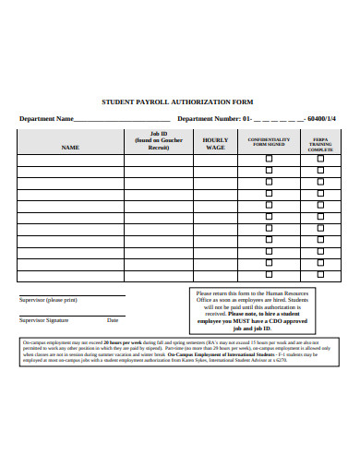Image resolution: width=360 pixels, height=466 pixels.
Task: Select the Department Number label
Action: pos(209,118)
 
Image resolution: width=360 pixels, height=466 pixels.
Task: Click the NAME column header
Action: pos(70,147)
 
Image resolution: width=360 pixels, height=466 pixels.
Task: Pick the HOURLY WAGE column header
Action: pos(215,143)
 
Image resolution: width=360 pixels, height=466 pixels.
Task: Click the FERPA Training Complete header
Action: pos(320,143)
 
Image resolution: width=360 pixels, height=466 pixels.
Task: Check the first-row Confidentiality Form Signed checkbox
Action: pos(269,159)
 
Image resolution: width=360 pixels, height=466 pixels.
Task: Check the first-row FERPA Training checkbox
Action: pos(320,159)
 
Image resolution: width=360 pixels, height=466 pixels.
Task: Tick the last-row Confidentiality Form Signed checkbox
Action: pos(269,274)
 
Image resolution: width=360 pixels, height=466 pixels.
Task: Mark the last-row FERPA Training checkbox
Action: pos(320,274)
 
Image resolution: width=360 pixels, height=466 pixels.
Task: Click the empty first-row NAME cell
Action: pos(70,159)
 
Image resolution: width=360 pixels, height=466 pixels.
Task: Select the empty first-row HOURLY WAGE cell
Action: pos(215,159)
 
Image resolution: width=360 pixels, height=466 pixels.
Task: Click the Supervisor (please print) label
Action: pos(49,300)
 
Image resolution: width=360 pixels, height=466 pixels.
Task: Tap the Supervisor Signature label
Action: pos(45,320)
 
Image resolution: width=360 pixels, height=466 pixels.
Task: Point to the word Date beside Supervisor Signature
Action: pos(113,320)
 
